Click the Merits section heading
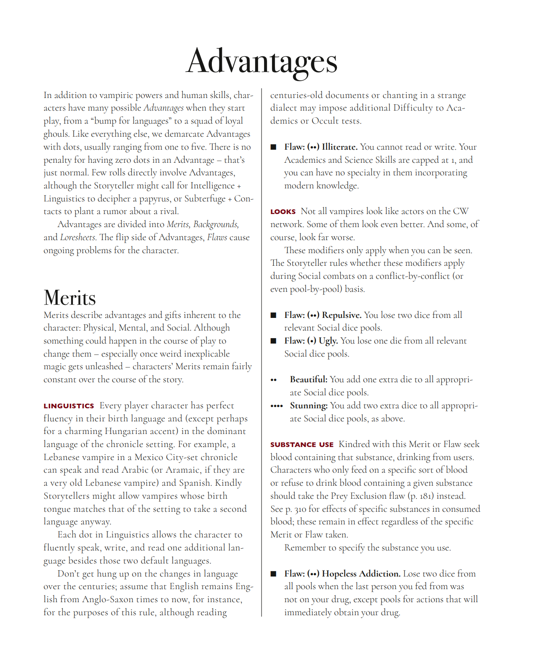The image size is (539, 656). click(70, 298)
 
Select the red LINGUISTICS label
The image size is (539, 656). click(69, 406)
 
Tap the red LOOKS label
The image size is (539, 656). click(283, 212)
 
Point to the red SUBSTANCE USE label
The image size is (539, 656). click(302, 444)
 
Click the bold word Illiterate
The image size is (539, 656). click(339, 147)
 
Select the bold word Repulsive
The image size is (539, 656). click(342, 315)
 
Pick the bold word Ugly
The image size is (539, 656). click(328, 341)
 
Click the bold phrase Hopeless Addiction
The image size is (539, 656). click(361, 574)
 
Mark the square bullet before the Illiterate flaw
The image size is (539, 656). click(273, 147)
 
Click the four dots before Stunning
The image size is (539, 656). click(276, 406)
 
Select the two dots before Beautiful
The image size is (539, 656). click(274, 380)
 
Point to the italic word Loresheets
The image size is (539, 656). click(78, 237)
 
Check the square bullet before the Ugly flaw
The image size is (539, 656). click(273, 341)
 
